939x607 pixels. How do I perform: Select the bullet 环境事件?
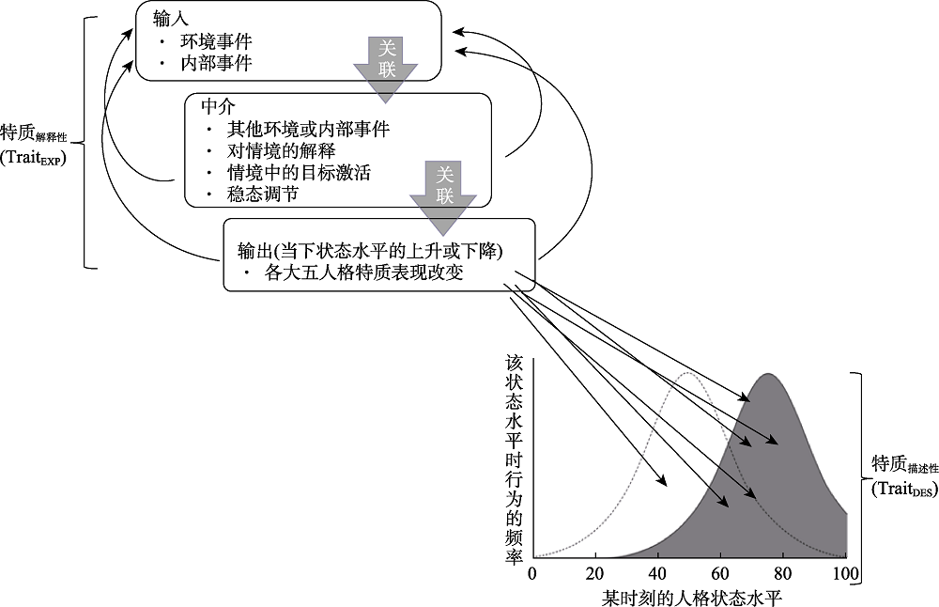216,42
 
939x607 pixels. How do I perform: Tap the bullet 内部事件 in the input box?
216,63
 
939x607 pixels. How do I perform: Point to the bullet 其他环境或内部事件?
308,129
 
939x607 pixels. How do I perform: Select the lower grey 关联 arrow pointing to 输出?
444,194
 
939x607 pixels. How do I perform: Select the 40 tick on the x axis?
657,573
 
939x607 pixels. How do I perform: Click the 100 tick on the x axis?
846,573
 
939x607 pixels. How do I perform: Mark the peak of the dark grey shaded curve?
769,374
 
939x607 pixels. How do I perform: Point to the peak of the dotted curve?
688,373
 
